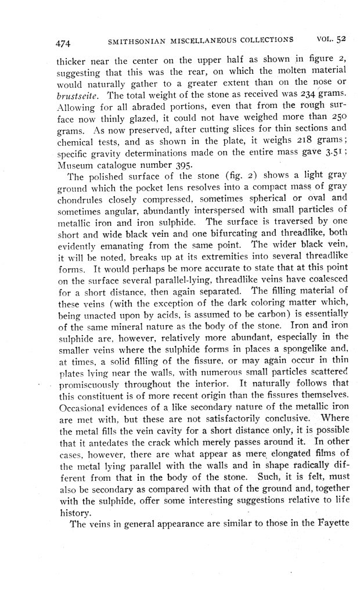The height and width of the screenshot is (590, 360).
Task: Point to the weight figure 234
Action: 303,93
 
